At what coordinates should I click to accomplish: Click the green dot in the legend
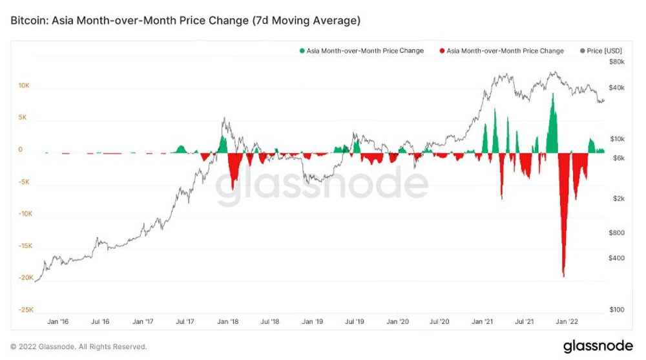click(302, 51)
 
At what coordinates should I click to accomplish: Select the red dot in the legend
click(442, 51)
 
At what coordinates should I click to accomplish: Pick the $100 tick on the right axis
click(618, 310)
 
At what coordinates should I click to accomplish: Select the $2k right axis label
click(619, 198)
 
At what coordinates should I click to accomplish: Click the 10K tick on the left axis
click(23, 86)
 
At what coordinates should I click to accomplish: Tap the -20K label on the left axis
click(25, 277)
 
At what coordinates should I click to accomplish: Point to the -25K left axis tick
click(25, 310)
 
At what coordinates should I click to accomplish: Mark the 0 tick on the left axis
click(20, 150)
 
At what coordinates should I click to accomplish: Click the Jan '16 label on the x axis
click(59, 321)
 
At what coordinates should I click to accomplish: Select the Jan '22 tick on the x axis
click(567, 321)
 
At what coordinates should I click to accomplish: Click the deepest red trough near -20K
click(564, 275)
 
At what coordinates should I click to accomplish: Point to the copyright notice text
click(78, 346)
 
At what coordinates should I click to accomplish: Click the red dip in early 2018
click(233, 187)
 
